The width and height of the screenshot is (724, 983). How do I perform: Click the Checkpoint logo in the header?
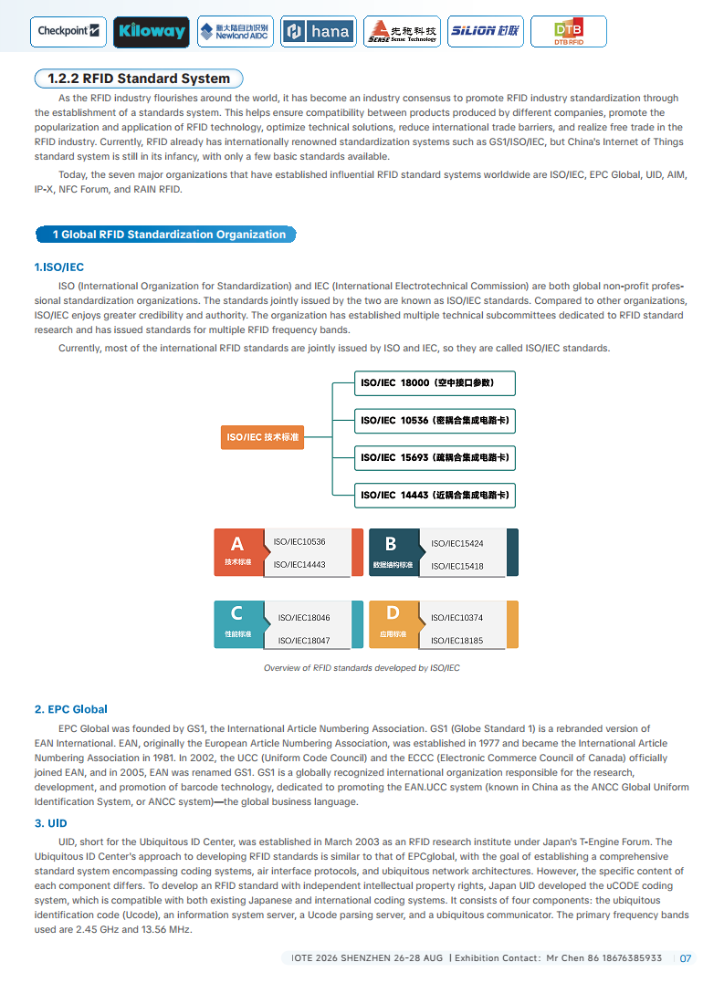point(68,31)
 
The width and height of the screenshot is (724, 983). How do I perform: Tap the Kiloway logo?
point(152,31)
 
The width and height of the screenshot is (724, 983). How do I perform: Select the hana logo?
point(318,31)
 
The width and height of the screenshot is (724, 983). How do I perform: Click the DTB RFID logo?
point(569,32)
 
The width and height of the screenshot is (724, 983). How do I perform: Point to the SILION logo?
point(485,31)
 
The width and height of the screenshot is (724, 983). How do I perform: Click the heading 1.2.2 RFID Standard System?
point(139,78)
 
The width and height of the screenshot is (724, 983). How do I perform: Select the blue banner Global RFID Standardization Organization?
point(165,235)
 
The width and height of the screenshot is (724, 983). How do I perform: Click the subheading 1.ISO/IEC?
point(59,267)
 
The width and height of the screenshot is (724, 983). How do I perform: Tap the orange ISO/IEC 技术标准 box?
point(263,437)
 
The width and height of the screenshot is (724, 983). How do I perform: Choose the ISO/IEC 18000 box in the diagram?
point(435,382)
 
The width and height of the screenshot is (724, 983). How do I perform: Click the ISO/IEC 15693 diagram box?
point(435,457)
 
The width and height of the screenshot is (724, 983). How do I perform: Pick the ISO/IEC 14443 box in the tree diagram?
point(435,495)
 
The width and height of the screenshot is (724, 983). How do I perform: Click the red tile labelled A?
point(237,551)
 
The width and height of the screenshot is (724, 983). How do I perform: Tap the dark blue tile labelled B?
point(391,551)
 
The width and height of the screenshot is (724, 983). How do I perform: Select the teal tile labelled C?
point(237,623)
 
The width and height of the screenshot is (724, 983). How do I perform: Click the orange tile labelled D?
point(393,623)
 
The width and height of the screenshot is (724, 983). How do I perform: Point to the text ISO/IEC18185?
point(457,641)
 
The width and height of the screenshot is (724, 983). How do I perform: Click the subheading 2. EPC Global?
point(71,709)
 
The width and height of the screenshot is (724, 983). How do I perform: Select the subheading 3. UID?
point(51,823)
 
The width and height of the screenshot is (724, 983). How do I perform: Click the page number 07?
point(686,958)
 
